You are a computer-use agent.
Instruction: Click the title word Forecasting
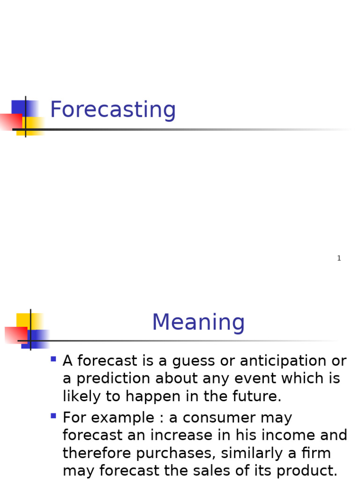(112, 110)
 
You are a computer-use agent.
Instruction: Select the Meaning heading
(198, 322)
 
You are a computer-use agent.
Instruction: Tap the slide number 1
(339, 258)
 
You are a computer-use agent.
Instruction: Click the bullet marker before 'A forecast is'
(53, 360)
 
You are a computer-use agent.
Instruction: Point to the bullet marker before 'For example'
(53, 416)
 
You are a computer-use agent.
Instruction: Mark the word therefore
(98, 453)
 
